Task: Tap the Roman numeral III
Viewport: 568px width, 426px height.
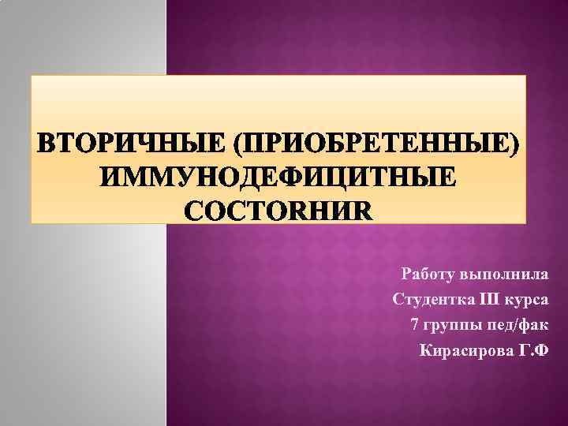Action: pos(490,299)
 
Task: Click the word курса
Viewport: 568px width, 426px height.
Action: pos(529,299)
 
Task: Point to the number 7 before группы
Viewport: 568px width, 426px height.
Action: pos(416,324)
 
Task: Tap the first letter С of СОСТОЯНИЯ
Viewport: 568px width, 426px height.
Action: pos(194,211)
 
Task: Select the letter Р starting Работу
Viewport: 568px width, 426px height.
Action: pos(407,275)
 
